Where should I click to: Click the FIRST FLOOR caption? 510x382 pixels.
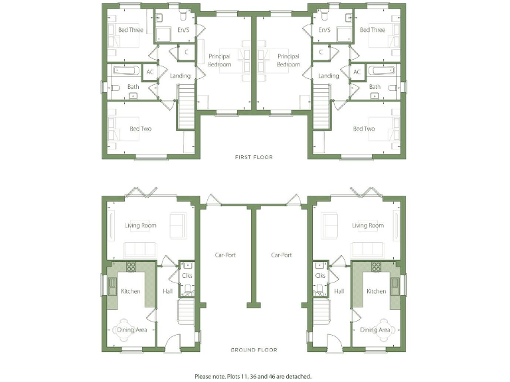point(254,157)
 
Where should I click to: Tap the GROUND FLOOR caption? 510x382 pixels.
point(254,350)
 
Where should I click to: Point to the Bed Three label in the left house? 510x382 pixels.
point(130,30)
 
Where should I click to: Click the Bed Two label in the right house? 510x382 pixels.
point(363,129)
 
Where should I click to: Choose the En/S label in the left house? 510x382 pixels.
point(182,30)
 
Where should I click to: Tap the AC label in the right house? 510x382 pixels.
point(357,72)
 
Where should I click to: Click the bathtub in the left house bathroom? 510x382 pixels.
point(126,70)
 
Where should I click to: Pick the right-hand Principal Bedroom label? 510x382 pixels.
point(288,60)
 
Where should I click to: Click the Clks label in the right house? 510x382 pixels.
point(320,275)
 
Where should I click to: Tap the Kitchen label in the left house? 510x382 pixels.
point(130,291)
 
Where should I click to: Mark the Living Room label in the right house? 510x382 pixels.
point(367,225)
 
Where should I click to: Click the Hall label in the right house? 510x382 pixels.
point(339,291)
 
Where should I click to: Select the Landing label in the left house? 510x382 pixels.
point(180,76)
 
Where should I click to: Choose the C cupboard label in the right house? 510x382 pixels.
point(321,51)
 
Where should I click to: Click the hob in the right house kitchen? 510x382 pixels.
point(377,267)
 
